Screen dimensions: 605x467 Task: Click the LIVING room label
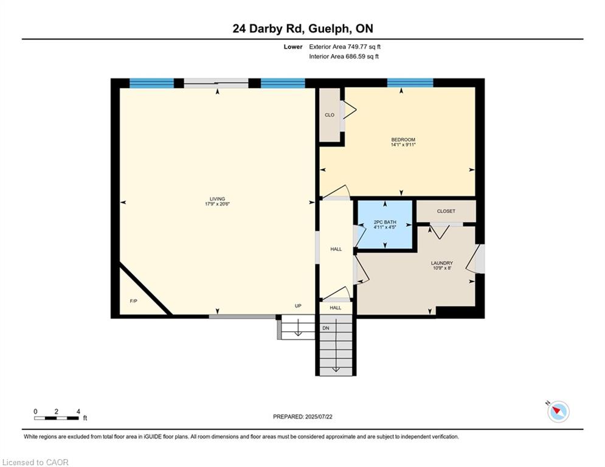(x=217, y=199)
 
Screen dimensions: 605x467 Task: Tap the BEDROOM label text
(x=403, y=140)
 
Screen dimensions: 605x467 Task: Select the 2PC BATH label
(x=385, y=223)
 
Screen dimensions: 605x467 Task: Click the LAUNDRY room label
(x=442, y=263)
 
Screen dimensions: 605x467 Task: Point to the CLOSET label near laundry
(x=446, y=211)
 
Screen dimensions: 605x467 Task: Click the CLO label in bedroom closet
(x=330, y=115)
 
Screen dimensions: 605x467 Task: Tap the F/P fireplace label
(x=134, y=301)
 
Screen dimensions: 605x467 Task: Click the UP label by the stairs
(x=298, y=306)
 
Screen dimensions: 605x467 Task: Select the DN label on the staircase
(x=326, y=328)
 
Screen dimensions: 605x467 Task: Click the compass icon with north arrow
(x=558, y=412)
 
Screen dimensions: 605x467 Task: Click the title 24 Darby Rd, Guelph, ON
(x=303, y=29)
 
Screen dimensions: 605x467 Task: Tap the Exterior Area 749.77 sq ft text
(x=345, y=47)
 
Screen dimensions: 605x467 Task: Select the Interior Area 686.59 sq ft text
(x=344, y=57)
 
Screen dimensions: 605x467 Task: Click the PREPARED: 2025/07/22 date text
(x=303, y=417)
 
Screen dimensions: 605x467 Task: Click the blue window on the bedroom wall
(x=410, y=83)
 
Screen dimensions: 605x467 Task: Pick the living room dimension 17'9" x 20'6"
(x=217, y=204)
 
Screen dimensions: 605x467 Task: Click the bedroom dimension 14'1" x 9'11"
(x=403, y=145)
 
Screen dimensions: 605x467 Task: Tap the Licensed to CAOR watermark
(x=35, y=462)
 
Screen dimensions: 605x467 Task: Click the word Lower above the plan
(x=293, y=47)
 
